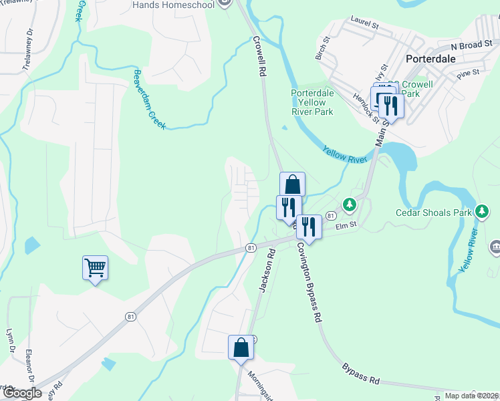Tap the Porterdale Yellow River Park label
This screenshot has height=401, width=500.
(312, 102)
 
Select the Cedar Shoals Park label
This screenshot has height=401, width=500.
(434, 213)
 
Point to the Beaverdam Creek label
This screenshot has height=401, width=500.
(149, 100)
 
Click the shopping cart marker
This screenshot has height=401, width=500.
(95, 268)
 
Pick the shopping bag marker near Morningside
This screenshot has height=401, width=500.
(241, 348)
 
